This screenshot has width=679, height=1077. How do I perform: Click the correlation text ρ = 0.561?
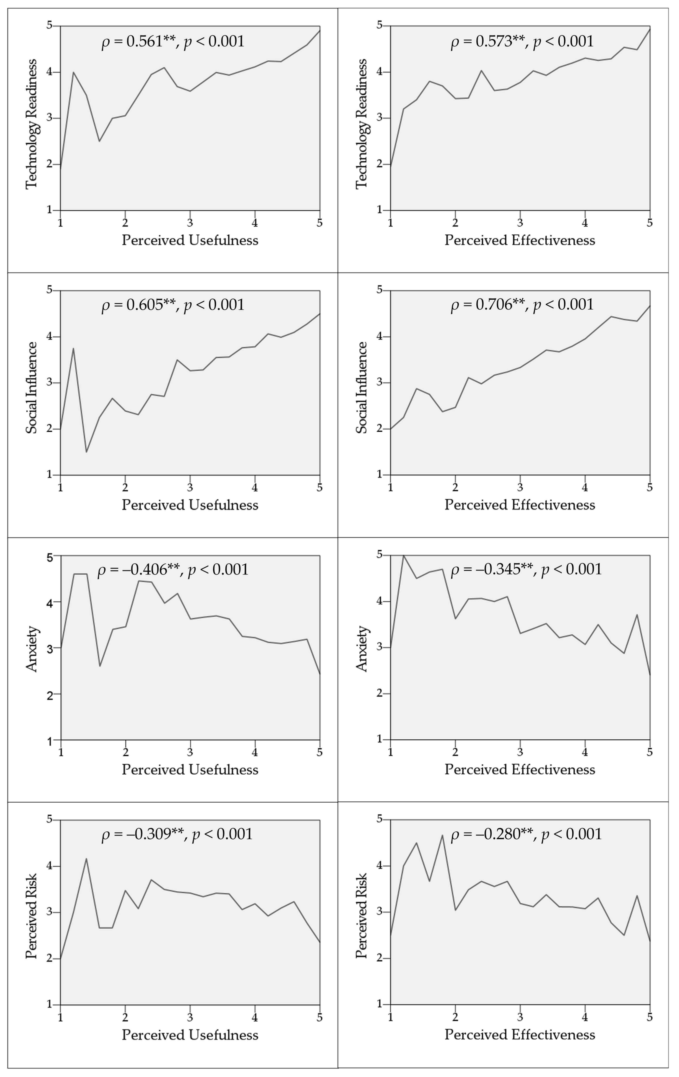tap(173, 42)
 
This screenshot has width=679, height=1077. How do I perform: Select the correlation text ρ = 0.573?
tap(522, 42)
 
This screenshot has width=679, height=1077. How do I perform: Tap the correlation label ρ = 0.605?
tap(173, 305)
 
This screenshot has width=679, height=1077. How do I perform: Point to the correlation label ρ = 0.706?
tap(522, 305)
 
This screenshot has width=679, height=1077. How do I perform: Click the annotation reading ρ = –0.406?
tap(173, 569)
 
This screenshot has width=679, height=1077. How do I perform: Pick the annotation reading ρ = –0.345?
tap(526, 569)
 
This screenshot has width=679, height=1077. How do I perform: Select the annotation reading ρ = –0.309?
tap(177, 834)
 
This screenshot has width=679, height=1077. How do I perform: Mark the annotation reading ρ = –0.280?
tap(526, 834)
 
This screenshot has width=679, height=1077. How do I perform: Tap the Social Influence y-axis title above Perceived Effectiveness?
tap(361, 387)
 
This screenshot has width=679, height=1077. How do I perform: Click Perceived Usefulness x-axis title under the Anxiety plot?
tap(190, 770)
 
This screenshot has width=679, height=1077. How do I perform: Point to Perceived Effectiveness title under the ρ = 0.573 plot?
tap(520, 240)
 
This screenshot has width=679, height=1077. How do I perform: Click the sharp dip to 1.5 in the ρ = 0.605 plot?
tap(86, 452)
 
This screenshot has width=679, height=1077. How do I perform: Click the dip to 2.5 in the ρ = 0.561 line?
tap(99, 141)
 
